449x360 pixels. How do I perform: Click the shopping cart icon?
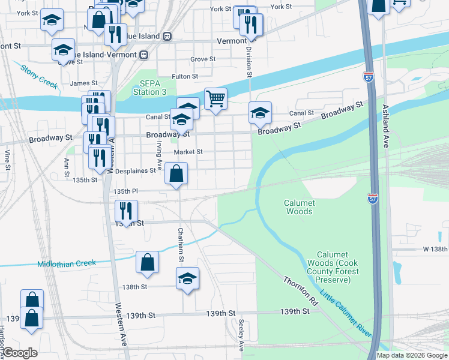click(x=215, y=98)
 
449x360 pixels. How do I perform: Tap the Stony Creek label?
click(x=39, y=76)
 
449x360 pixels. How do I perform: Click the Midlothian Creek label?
click(x=67, y=263)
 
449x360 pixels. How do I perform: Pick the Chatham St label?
click(x=179, y=245)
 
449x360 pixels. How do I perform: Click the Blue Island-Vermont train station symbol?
click(x=143, y=55)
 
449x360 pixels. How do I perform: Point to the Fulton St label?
click(x=185, y=77)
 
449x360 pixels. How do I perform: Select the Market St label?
click(x=188, y=152)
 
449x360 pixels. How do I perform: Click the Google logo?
click(x=20, y=353)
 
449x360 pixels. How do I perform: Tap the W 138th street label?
click(x=435, y=248)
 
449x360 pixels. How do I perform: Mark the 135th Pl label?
click(x=126, y=191)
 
